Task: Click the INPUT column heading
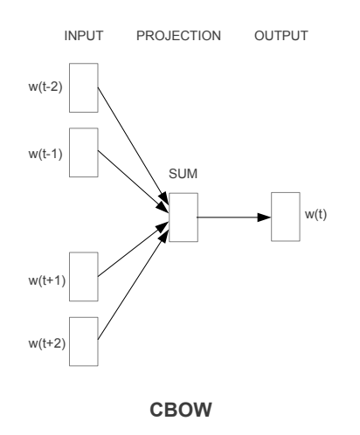pos(84,36)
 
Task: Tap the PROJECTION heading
pos(178,36)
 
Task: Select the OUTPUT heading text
pos(281,36)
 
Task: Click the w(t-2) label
pos(45,86)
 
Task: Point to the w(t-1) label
pos(45,154)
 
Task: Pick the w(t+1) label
pos(47,280)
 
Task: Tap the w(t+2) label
pos(47,343)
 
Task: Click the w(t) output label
pos(315,214)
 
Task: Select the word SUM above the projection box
pos(183,174)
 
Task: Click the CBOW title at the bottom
pos(181,410)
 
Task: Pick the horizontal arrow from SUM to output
pos(234,217)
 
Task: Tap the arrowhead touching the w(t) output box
pos(264,217)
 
